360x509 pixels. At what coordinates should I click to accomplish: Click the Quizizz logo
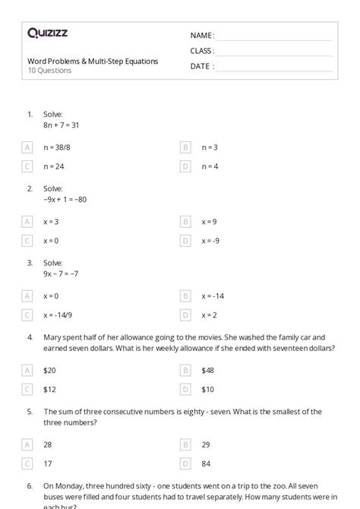pyautogui.click(x=48, y=33)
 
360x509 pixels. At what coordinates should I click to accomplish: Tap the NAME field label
pyautogui.click(x=202, y=36)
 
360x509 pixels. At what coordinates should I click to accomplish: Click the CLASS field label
pyautogui.click(x=202, y=51)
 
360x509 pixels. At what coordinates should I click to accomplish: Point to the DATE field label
pyautogui.click(x=201, y=66)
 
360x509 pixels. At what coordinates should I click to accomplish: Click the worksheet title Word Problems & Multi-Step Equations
pyautogui.click(x=93, y=61)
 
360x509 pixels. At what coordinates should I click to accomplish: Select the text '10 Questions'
pyautogui.click(x=49, y=71)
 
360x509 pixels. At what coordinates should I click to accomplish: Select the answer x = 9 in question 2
pyautogui.click(x=209, y=222)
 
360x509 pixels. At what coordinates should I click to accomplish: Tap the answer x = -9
pyautogui.click(x=210, y=241)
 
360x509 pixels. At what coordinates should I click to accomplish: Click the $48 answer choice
pyautogui.click(x=208, y=370)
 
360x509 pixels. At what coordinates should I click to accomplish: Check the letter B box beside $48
pyautogui.click(x=185, y=370)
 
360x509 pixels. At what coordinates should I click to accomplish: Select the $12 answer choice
pyautogui.click(x=50, y=389)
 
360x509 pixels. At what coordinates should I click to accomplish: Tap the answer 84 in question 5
pyautogui.click(x=206, y=463)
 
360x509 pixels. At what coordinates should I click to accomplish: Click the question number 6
pyautogui.click(x=30, y=485)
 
